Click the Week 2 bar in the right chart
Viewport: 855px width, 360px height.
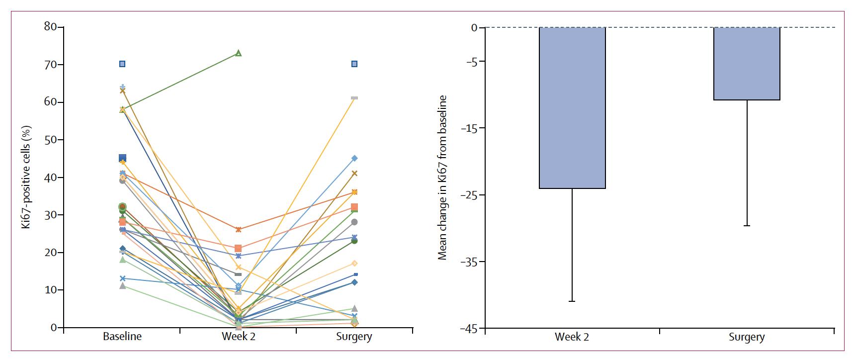click(572, 108)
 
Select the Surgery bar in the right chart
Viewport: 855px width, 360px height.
click(747, 64)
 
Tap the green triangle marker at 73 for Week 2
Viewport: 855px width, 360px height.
click(238, 53)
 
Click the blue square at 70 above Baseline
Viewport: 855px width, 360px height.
click(122, 64)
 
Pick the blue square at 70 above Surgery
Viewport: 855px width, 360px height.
click(354, 64)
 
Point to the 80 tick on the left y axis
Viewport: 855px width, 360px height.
click(50, 27)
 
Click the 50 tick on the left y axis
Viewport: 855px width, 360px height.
click(50, 140)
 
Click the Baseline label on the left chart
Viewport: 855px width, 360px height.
click(122, 337)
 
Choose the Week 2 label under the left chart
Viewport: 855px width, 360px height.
click(238, 337)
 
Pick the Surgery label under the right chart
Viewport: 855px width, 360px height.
click(747, 338)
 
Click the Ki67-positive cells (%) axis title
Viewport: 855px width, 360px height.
click(26, 178)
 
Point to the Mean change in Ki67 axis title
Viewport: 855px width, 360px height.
click(442, 178)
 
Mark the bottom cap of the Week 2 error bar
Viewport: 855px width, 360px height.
click(572, 301)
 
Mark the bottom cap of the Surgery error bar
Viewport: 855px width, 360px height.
click(747, 226)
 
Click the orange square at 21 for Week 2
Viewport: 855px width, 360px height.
click(238, 248)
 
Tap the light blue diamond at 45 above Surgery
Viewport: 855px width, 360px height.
click(354, 158)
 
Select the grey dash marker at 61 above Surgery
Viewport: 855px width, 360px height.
click(354, 98)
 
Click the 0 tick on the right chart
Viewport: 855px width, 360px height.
click(475, 28)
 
